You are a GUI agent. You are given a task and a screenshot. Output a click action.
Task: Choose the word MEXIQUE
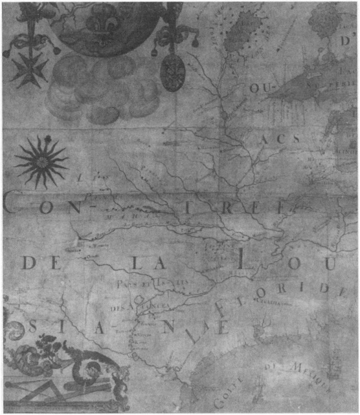tap(312, 375)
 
